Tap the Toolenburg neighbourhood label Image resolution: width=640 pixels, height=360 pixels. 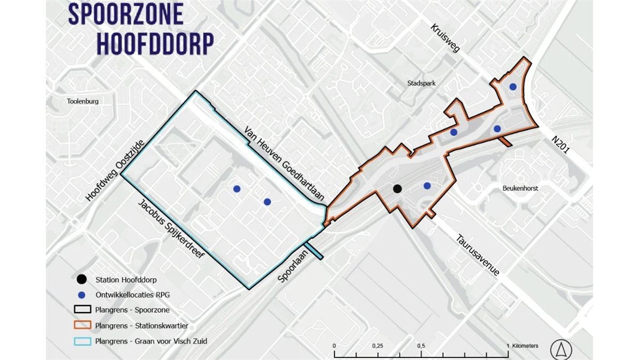[83, 101]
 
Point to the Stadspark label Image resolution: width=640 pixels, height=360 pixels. [421, 83]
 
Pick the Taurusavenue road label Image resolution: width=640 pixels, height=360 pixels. [477, 255]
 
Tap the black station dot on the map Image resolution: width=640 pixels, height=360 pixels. [397, 188]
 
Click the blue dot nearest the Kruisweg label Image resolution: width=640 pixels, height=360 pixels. [513, 86]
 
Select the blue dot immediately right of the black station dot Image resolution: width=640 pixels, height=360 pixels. [427, 186]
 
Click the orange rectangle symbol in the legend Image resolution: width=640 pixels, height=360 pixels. [82, 325]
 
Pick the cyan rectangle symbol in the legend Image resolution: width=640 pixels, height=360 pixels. [82, 341]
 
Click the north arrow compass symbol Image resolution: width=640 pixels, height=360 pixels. [561, 350]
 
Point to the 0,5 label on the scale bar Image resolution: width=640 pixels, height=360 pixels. [421, 346]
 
